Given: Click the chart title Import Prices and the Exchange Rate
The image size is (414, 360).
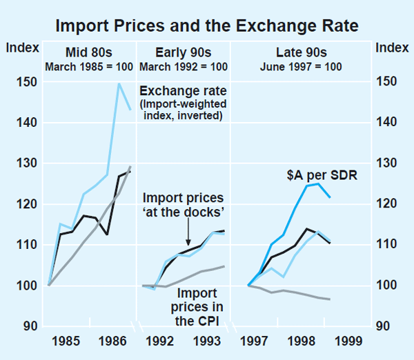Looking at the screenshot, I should (x=207, y=26).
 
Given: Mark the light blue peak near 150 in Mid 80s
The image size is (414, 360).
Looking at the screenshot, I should (x=119, y=83).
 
